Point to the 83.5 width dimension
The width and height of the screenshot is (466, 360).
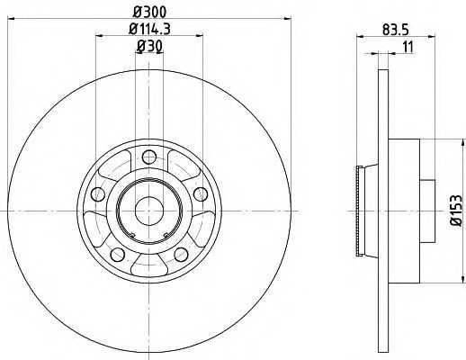coord(390,28)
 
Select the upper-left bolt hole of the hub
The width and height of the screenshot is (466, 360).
coord(97,193)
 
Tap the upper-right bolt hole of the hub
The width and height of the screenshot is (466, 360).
coord(200,193)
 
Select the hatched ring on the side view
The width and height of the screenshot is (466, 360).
coord(362,211)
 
